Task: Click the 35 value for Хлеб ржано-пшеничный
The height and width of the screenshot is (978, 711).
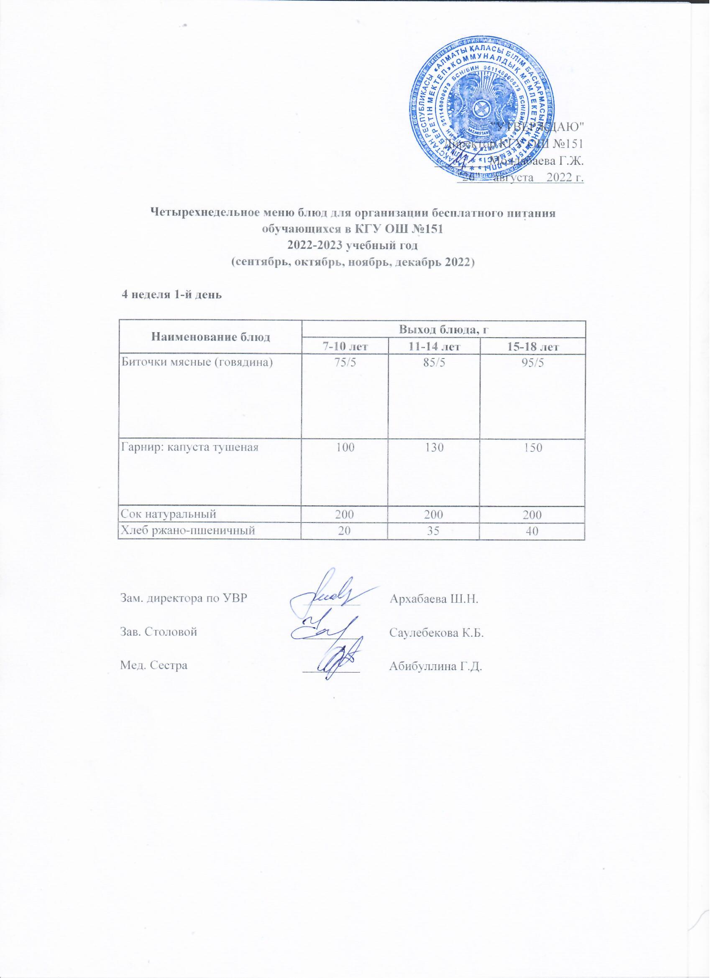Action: (x=434, y=531)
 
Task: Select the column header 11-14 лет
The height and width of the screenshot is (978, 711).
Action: (x=434, y=346)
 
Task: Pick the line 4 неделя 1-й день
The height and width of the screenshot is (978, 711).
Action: (x=172, y=296)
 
